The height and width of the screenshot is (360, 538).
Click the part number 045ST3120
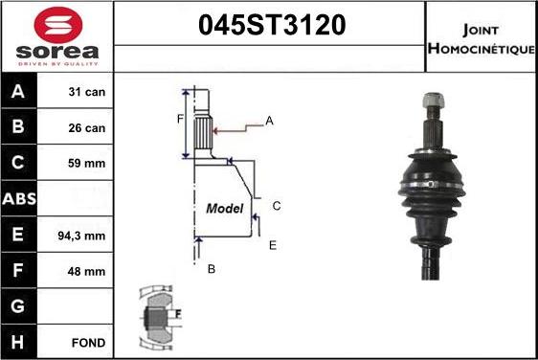(x=272, y=25)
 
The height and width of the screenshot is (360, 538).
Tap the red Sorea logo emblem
(x=58, y=25)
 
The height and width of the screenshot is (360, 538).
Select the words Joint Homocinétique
(x=482, y=39)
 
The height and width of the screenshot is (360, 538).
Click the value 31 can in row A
(x=87, y=92)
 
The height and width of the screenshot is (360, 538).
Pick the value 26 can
(x=87, y=128)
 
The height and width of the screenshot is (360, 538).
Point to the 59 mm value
(x=86, y=163)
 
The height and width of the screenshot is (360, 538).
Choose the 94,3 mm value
(x=81, y=236)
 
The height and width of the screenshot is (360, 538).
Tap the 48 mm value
(x=86, y=272)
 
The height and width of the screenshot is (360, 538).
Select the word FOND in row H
(x=88, y=343)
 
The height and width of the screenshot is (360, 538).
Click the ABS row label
(x=19, y=199)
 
